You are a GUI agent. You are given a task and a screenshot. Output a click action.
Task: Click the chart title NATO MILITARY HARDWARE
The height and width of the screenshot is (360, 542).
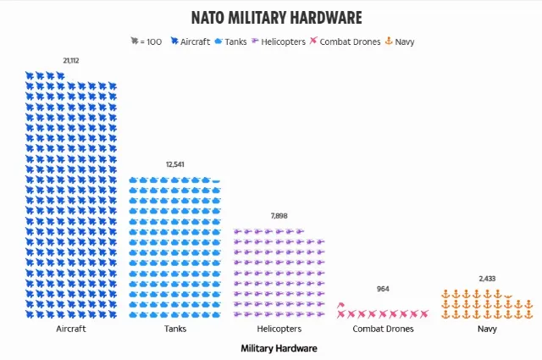[276, 17]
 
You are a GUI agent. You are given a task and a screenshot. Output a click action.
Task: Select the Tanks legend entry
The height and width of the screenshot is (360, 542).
[235, 41]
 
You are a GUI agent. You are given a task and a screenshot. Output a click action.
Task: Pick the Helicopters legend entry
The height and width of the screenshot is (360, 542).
[282, 41]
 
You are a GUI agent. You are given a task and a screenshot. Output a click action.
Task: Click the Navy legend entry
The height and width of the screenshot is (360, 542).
[405, 41]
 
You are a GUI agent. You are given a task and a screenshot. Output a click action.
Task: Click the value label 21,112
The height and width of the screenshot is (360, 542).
[71, 60]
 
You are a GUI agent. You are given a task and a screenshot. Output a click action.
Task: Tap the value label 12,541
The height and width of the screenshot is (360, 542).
[175, 164]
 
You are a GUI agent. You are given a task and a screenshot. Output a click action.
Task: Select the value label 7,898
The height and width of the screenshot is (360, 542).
[279, 216]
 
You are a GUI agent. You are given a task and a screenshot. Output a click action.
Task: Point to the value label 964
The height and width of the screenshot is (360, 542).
[383, 289]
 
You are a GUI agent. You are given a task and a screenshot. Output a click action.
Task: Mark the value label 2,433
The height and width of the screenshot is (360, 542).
[487, 278]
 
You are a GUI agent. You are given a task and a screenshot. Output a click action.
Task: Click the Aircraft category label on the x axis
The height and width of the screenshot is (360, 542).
[71, 329]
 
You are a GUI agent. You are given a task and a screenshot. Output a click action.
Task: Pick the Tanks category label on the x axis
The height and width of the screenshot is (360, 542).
[175, 329]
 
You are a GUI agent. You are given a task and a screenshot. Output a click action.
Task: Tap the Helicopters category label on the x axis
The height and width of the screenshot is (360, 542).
[279, 329]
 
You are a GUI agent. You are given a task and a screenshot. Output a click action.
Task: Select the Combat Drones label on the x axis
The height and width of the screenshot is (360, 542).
[383, 329]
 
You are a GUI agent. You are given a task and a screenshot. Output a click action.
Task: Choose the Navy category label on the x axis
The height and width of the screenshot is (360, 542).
[487, 329]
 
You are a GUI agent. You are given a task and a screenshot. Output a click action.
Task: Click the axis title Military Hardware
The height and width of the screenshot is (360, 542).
[279, 348]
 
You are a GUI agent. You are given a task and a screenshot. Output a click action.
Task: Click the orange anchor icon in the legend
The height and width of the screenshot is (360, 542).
[389, 41]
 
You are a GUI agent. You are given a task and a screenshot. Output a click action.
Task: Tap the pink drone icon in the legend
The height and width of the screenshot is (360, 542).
[313, 41]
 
